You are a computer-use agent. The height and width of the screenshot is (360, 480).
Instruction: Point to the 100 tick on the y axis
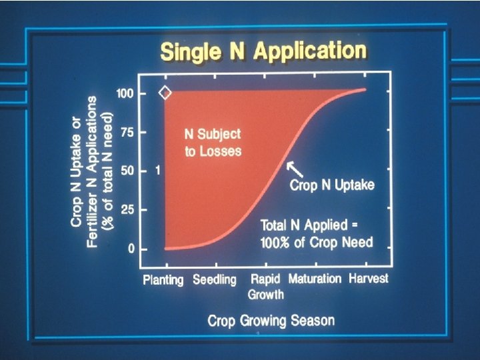126,93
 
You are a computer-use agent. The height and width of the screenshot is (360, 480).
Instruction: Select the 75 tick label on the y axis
127,132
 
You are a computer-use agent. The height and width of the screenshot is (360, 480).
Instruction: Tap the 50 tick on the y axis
127,171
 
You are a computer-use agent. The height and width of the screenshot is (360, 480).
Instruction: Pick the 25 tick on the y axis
127,210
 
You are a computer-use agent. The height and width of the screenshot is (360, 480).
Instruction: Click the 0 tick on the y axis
131,249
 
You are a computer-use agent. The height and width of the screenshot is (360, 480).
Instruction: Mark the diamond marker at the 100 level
165,93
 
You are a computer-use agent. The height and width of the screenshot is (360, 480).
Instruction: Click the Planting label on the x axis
163,279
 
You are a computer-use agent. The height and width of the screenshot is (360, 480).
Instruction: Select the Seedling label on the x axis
215,279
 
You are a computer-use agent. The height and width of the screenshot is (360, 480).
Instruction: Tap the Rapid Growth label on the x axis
266,286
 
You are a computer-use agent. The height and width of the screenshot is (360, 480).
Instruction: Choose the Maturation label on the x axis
315,279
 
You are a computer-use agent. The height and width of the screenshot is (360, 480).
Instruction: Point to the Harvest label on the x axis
369,278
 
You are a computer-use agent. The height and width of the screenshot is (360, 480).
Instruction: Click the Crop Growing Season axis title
271,321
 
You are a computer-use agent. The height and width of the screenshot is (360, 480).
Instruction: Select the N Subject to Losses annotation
213,141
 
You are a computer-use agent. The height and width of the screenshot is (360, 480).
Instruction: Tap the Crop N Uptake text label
332,185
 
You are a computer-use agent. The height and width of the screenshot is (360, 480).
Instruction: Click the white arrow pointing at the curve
293,169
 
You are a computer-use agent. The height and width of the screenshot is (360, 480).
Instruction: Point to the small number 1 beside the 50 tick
157,171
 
